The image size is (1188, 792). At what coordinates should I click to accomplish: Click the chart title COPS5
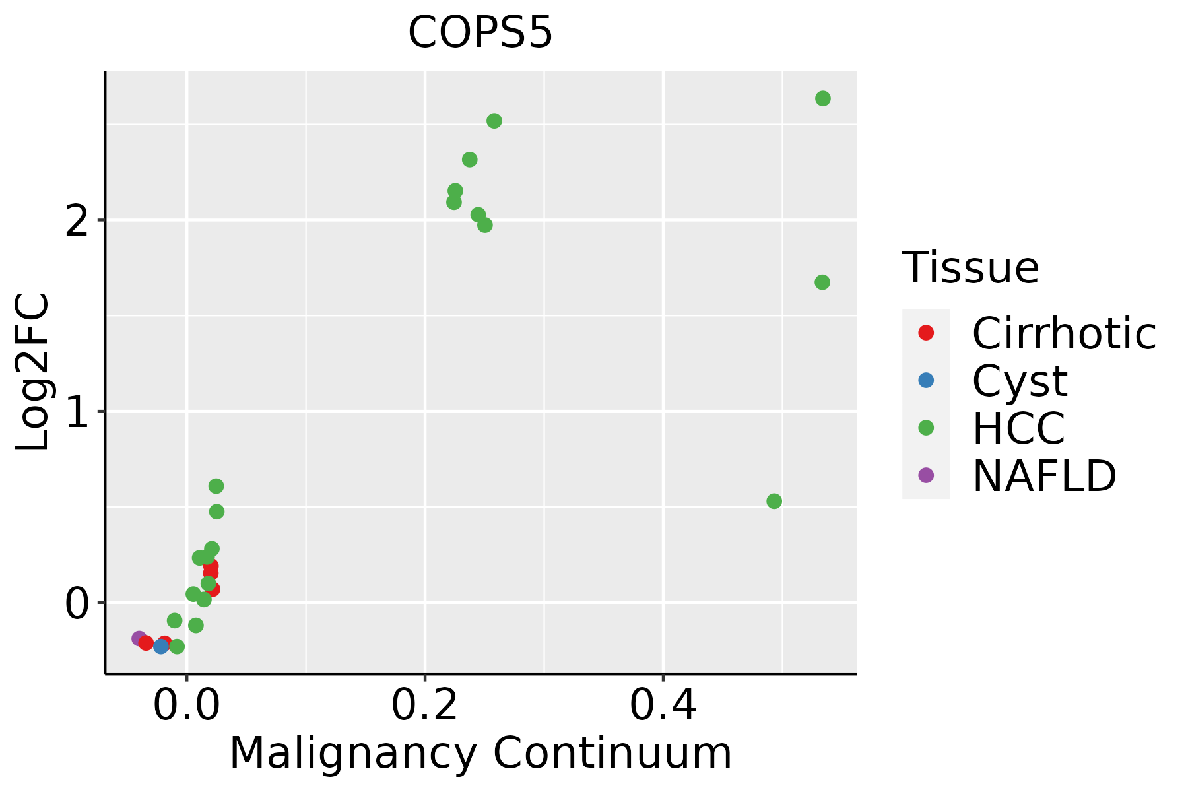click(x=480, y=33)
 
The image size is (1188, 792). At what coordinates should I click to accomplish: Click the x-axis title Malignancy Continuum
click(x=480, y=753)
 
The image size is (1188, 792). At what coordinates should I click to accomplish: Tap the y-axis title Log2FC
click(x=33, y=373)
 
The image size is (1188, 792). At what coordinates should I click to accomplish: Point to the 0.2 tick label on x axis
click(x=425, y=706)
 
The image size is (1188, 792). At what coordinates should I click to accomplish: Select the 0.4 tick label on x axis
click(x=663, y=706)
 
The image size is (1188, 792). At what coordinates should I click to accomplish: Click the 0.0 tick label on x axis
click(x=187, y=706)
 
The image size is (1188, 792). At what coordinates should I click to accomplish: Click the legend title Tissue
click(x=970, y=268)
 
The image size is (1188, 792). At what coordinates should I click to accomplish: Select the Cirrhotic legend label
click(x=1063, y=333)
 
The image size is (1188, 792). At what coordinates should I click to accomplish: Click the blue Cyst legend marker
click(x=926, y=380)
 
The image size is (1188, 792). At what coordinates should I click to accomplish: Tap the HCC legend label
click(x=1018, y=428)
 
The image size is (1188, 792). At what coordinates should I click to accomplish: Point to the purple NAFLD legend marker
click(x=926, y=475)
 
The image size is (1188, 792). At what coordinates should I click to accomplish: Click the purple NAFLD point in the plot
click(x=139, y=638)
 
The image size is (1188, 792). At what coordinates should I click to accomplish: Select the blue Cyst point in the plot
click(x=161, y=646)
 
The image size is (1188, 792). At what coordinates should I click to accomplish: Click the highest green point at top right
click(x=823, y=98)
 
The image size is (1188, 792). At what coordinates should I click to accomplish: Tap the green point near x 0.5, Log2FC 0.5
click(x=774, y=501)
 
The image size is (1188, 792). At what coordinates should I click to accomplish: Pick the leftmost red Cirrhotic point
click(x=147, y=643)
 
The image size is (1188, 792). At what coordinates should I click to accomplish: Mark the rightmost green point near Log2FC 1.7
click(x=822, y=282)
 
